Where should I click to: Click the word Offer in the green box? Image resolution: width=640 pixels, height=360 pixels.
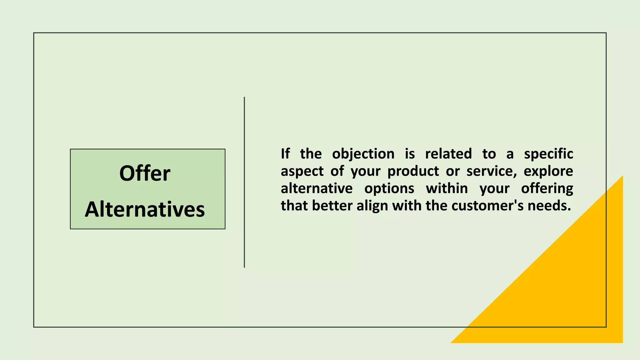pos(145,173)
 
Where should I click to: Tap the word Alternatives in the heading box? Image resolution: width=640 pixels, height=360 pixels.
pos(145,209)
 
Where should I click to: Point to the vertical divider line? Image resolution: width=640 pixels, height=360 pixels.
pos(244,182)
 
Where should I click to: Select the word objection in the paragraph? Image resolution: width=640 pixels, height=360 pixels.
pos(363,154)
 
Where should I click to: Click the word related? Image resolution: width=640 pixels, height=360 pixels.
pos(448,154)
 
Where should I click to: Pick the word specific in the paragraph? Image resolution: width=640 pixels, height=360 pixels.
pos(548,154)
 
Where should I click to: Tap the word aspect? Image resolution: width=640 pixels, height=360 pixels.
pos(302,172)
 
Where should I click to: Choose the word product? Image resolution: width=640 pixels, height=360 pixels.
pos(413,172)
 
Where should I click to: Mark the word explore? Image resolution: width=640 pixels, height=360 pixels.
pos(548,171)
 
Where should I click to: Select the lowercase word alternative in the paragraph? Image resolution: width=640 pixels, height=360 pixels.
pos(317,188)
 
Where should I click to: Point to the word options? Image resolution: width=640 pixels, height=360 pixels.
pos(389,189)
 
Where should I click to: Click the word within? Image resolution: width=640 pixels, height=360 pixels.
pos(447,188)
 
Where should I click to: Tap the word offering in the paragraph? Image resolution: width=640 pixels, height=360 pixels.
pos(547,189)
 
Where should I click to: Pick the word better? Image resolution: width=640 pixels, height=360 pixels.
pos(332,206)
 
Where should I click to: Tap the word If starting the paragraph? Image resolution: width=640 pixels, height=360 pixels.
pos(285,154)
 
